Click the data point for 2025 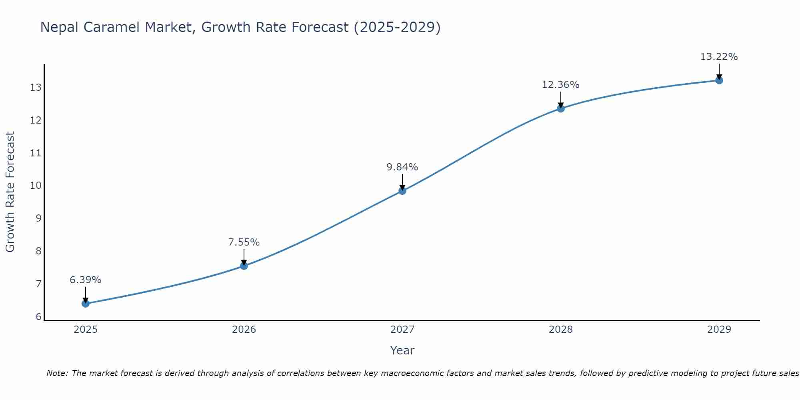[x=86, y=304]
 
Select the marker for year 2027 [x=402, y=191]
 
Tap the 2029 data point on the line [x=719, y=80]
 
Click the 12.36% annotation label [x=560, y=85]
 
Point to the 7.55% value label [x=244, y=242]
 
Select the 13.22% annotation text [x=719, y=57]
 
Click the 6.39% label [x=86, y=280]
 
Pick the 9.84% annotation [x=402, y=167]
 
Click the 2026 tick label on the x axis [x=244, y=330]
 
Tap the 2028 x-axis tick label [x=560, y=330]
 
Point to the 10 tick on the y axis [x=36, y=186]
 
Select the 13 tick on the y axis [x=36, y=87]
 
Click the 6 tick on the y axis [x=38, y=317]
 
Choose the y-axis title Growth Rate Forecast [x=10, y=192]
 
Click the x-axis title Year [x=402, y=350]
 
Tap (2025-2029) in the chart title [x=397, y=27]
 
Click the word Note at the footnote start [x=57, y=373]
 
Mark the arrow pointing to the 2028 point [x=560, y=100]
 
